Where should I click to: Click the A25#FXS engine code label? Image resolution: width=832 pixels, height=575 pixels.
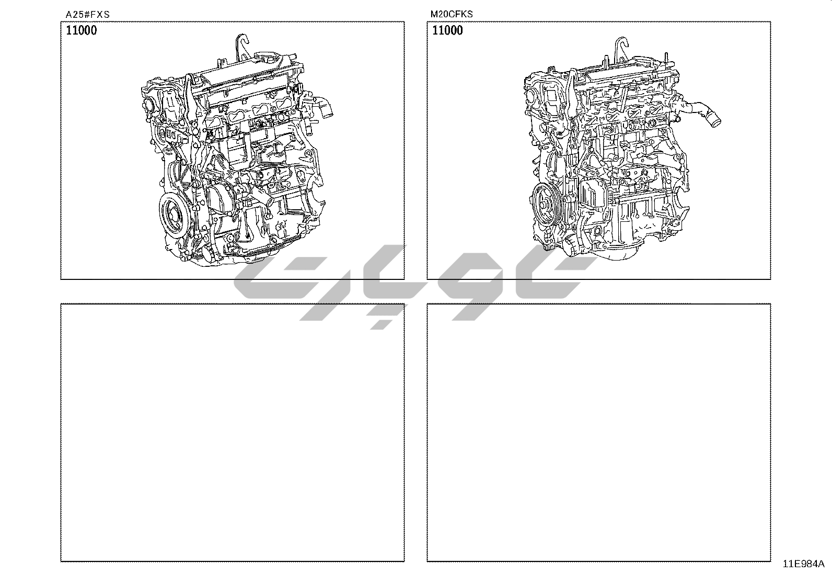pos(88,15)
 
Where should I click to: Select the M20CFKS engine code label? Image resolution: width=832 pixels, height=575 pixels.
pos(452,14)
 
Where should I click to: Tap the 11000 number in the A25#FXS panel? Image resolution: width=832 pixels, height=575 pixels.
pos(82,30)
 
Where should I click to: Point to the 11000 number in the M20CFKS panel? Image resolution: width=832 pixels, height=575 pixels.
pos(447,30)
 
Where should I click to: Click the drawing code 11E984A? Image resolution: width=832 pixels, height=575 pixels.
pos(803,563)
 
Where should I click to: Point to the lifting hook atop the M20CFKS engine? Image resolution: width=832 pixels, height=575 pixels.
pos(621,48)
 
